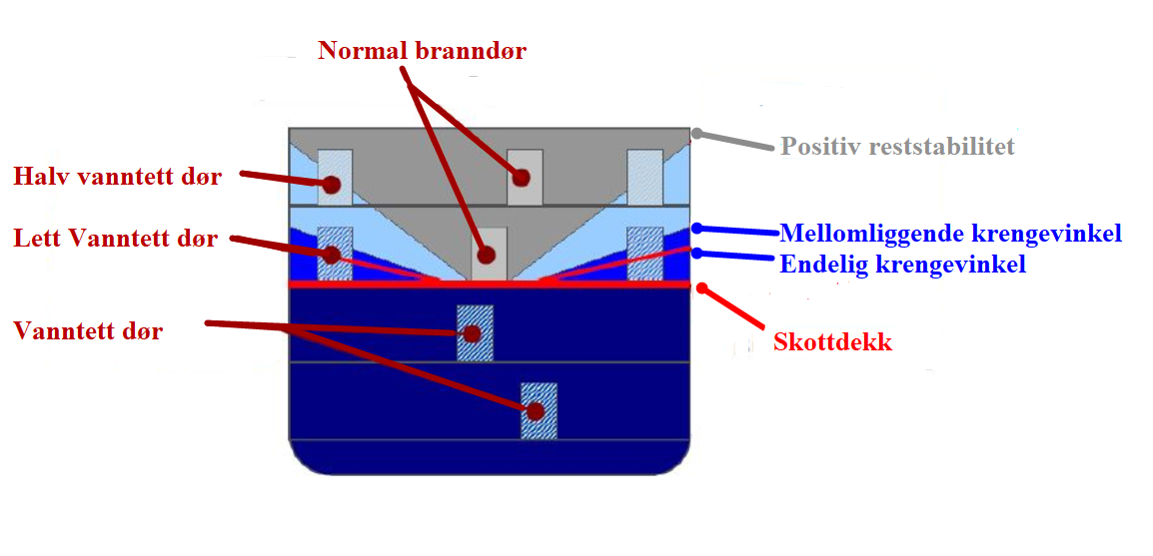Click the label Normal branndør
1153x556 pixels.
422,51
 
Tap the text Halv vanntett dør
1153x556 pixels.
117,178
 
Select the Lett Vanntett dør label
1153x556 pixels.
116,239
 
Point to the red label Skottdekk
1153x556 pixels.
832,341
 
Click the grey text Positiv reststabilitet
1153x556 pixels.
897,147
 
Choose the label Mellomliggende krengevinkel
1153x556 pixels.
950,234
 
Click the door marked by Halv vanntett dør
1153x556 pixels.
335,178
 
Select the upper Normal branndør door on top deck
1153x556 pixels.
524,177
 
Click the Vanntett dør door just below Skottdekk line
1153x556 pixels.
475,332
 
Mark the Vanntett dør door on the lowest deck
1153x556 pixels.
539,410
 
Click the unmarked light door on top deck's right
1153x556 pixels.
644,177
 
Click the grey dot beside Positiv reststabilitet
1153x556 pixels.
696,133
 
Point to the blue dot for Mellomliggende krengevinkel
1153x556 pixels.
696,228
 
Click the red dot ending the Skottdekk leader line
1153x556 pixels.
702,287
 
